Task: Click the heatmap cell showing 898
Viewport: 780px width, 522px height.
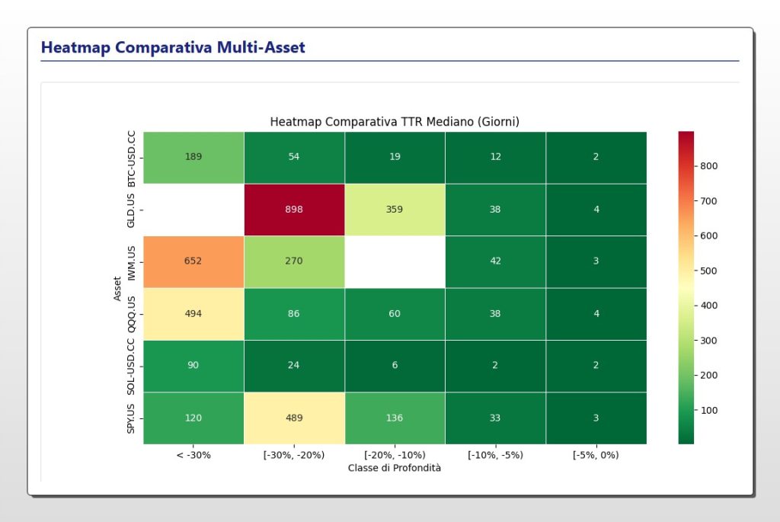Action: click(x=294, y=210)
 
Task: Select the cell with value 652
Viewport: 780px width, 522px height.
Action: click(x=193, y=261)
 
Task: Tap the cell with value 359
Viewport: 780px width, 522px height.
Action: click(x=395, y=210)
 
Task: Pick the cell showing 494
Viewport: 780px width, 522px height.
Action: click(x=193, y=313)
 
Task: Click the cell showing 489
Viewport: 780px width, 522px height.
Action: click(x=294, y=418)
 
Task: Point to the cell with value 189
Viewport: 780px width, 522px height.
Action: click(x=193, y=157)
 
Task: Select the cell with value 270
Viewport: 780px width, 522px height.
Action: click(x=294, y=261)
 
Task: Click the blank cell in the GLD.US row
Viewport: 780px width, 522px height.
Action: click(x=193, y=210)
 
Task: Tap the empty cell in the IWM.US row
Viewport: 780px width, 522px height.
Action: click(x=395, y=261)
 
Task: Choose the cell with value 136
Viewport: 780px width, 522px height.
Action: click(x=395, y=418)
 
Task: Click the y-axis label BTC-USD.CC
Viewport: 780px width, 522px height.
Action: click(x=131, y=158)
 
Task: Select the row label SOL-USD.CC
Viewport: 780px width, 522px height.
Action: click(x=131, y=366)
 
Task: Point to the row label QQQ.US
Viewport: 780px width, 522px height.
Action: click(x=131, y=313)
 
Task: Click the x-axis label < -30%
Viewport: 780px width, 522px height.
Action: click(x=193, y=455)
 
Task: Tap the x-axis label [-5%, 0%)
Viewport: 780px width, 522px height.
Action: click(x=596, y=455)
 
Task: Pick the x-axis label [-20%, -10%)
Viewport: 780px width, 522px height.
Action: click(x=395, y=455)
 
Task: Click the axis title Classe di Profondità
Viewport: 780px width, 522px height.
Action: click(x=395, y=468)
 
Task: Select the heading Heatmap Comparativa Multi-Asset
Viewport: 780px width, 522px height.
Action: click(x=173, y=47)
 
